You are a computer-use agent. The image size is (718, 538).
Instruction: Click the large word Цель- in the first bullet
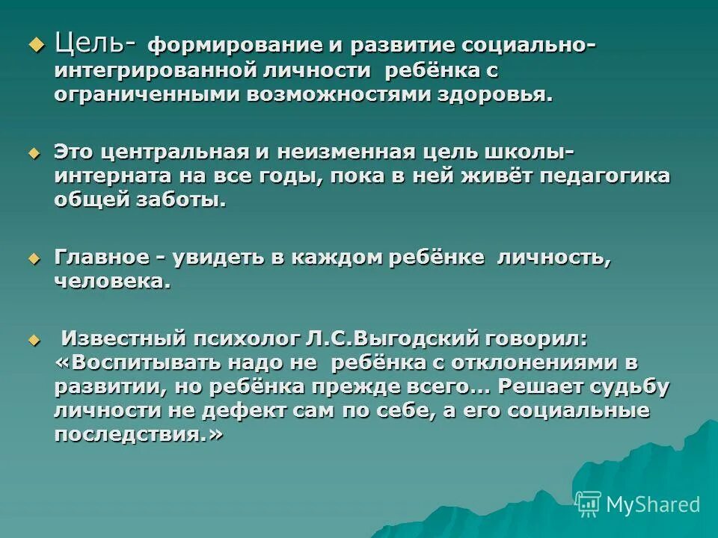(94, 44)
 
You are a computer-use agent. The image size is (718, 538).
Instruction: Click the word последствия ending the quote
(135, 435)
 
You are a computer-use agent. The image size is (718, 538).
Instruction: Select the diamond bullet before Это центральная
(33, 152)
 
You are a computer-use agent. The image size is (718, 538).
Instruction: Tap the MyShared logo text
(652, 504)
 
